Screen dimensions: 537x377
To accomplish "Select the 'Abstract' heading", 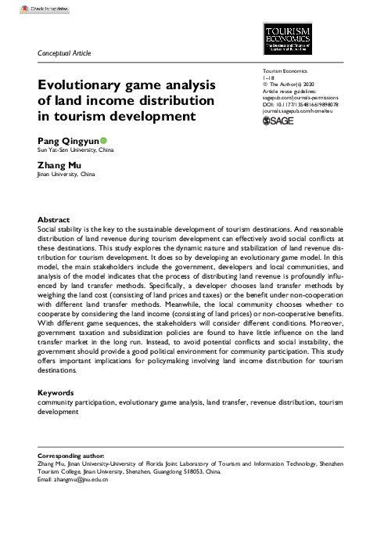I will [53, 220].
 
